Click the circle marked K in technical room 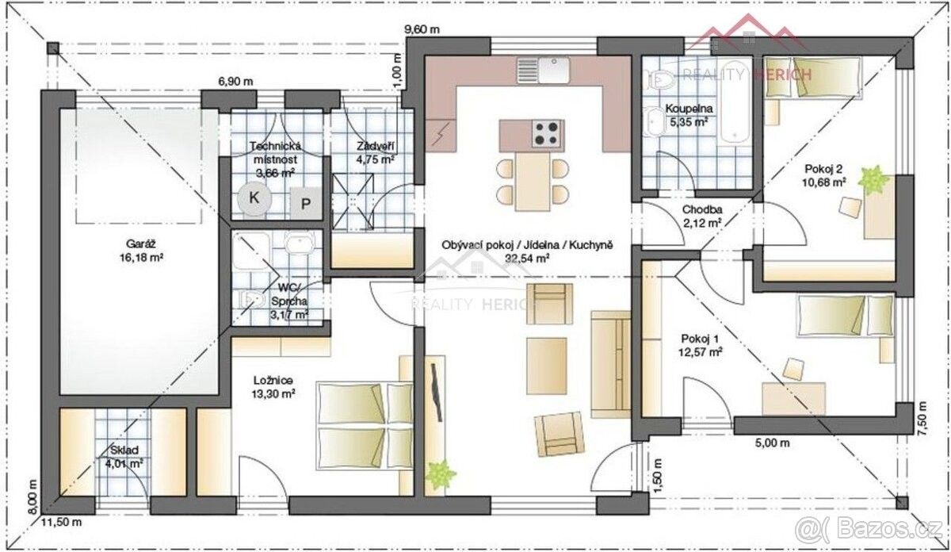(254, 197)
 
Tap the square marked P (306, 203)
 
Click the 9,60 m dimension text (422, 29)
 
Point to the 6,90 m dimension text (235, 81)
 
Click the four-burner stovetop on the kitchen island (548, 133)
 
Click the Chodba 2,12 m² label (702, 216)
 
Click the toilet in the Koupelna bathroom (658, 79)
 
